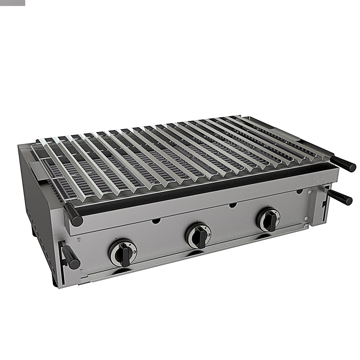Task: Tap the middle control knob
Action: coord(199,236)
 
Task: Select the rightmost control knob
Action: coord(269,220)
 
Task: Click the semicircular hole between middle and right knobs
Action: coord(232,206)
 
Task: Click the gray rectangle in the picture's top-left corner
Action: coord(12,3)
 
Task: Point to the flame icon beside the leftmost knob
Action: coord(111,249)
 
